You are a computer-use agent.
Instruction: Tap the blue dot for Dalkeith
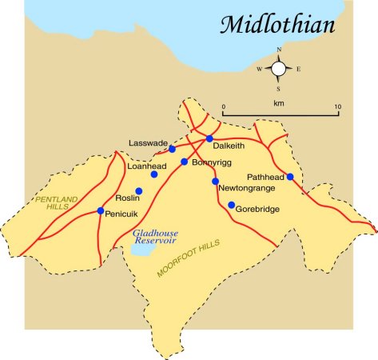tap(209, 138)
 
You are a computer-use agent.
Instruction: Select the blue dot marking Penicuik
tap(100, 211)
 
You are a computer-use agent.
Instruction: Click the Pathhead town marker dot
tap(290, 177)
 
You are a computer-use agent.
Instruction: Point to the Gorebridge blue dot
tap(232, 206)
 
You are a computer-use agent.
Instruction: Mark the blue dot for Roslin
tap(138, 191)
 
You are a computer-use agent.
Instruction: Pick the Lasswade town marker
tap(172, 149)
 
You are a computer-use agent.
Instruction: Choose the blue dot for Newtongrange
tap(215, 182)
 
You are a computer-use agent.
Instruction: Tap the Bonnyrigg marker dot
tap(184, 162)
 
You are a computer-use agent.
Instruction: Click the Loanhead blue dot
tap(154, 174)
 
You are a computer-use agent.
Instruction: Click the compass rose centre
tap(279, 69)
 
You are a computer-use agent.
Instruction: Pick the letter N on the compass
tap(279, 50)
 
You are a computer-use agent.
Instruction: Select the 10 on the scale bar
tap(337, 106)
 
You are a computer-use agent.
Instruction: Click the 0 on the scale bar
tap(224, 106)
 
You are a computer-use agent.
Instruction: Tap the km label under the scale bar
tap(279, 126)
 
